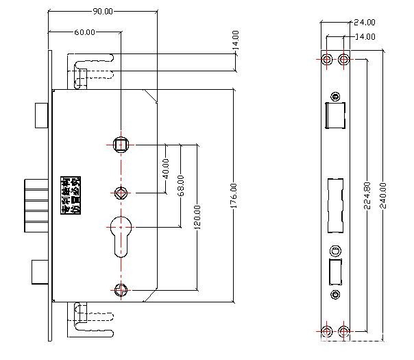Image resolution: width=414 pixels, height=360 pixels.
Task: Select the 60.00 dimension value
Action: (85, 32)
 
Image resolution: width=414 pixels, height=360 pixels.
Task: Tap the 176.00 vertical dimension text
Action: (234, 195)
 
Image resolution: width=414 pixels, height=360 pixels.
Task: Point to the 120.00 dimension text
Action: (198, 219)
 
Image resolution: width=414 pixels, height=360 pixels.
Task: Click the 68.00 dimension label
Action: (181, 185)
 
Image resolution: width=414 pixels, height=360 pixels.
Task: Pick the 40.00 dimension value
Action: (165, 167)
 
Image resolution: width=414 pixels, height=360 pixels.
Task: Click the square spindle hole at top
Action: (121, 144)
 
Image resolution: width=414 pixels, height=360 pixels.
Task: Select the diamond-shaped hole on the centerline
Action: (121, 192)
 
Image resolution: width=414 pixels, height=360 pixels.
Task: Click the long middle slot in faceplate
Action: (336, 204)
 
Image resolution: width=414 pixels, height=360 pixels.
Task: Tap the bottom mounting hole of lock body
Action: (121, 289)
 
